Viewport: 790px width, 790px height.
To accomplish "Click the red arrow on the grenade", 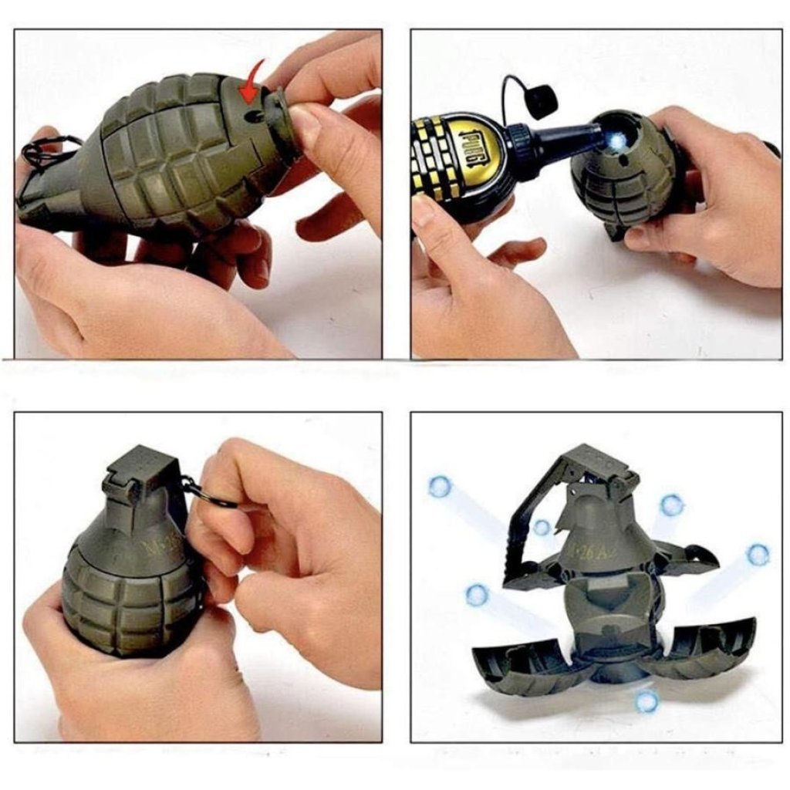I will coord(249,83).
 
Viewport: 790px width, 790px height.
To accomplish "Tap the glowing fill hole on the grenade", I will coord(602,134).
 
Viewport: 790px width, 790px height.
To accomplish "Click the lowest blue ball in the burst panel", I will coord(647,701).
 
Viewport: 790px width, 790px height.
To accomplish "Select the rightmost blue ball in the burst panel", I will coord(758,554).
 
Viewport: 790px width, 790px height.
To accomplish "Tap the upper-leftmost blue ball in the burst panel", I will coord(440,486).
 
